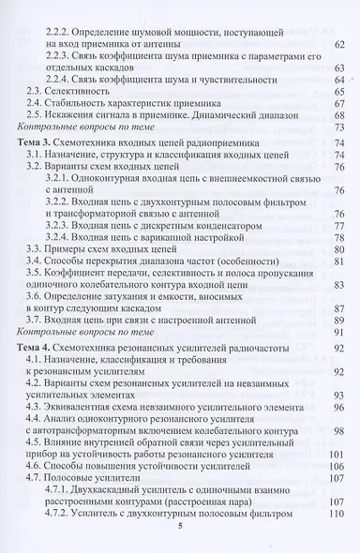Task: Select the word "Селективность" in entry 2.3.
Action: [79, 91]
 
